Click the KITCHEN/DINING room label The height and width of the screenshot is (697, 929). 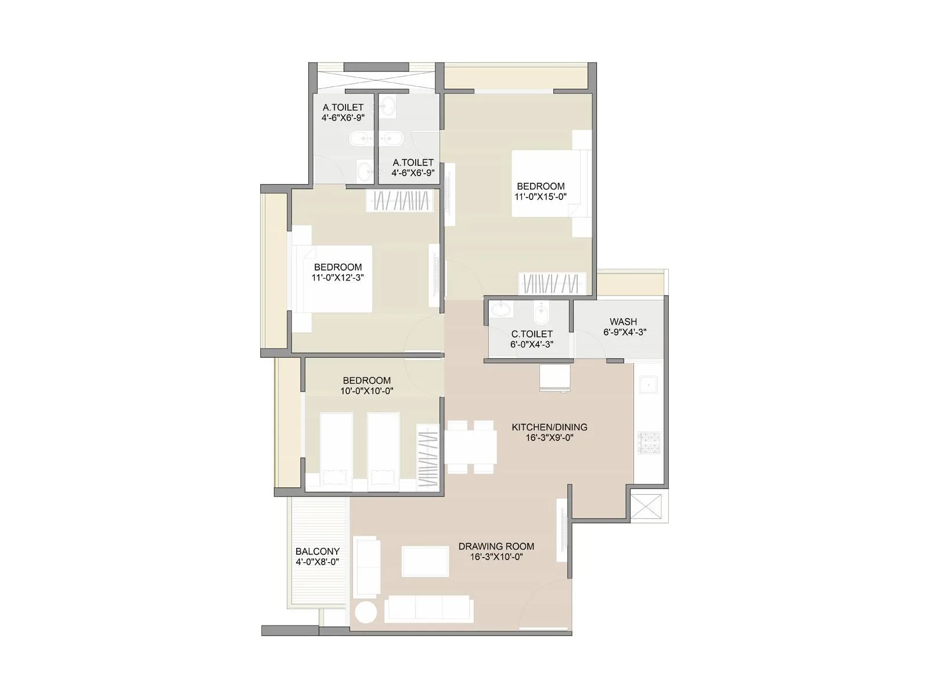(x=549, y=427)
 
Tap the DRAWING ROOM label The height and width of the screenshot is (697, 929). (x=496, y=546)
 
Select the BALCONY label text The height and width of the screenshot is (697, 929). (x=317, y=551)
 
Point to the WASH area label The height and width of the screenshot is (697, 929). (x=623, y=321)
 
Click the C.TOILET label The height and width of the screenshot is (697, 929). (x=531, y=334)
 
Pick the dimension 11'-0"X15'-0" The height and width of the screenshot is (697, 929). (x=540, y=197)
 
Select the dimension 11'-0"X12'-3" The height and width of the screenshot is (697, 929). (x=337, y=278)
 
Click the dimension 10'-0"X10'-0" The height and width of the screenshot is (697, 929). (x=366, y=391)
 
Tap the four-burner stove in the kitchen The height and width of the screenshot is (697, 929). (x=649, y=443)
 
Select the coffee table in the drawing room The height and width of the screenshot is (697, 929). (x=425, y=561)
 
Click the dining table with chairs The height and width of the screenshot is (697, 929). (x=471, y=447)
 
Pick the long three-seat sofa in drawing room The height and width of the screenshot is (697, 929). (x=429, y=608)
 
